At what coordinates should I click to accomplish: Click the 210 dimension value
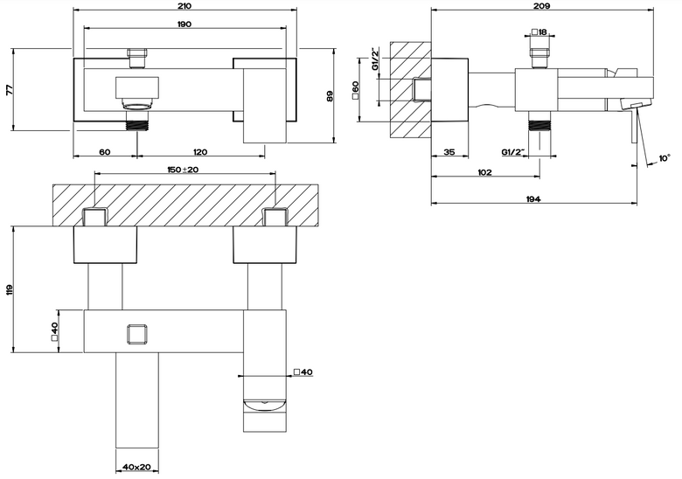(184, 5)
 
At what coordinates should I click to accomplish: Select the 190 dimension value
(184, 24)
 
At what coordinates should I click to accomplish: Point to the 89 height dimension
(330, 96)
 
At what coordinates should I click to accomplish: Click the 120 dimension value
(200, 152)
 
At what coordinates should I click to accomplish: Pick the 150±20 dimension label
(183, 170)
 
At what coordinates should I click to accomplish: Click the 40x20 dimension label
(136, 467)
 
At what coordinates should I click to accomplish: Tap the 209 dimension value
(542, 5)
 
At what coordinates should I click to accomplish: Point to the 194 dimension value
(533, 199)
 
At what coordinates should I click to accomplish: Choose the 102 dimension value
(484, 172)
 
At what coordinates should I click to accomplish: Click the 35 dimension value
(449, 152)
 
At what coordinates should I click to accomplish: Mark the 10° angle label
(665, 158)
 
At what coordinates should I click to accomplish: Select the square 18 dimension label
(539, 32)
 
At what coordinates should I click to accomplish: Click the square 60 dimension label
(355, 90)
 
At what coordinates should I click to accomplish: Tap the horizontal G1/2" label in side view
(513, 152)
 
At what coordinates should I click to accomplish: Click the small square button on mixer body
(138, 334)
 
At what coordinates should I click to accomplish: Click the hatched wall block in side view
(410, 91)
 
